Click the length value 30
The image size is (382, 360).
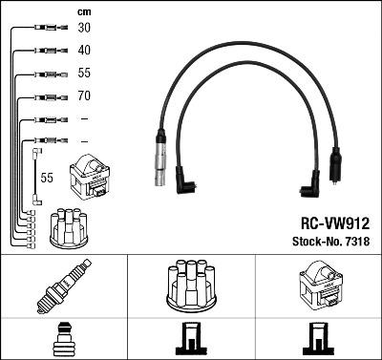(x=84, y=28)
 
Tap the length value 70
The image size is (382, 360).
(x=84, y=96)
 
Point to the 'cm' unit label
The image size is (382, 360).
(x=83, y=11)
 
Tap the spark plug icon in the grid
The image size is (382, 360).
(x=63, y=286)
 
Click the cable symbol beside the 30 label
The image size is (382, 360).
(x=46, y=28)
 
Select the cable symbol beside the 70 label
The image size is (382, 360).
(x=46, y=96)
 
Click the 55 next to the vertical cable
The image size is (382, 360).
(x=45, y=178)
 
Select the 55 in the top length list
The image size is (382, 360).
(x=84, y=74)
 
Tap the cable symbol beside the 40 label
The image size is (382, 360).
(x=46, y=51)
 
